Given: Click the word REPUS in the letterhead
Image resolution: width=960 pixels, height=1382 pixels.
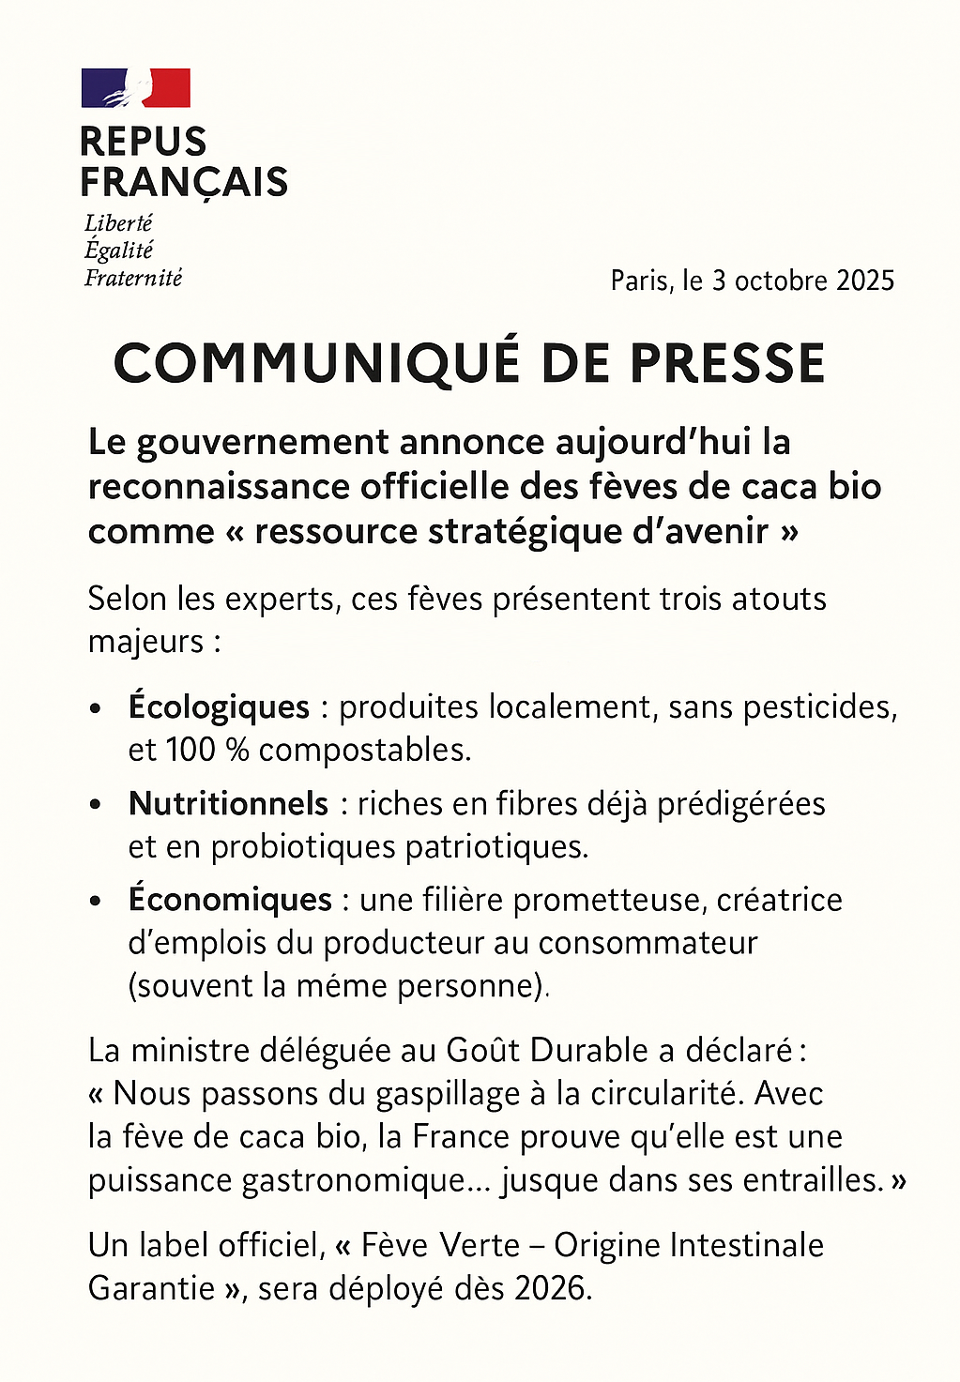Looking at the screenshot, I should [143, 142].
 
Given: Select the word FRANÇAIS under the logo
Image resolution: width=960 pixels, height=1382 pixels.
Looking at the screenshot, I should [184, 182].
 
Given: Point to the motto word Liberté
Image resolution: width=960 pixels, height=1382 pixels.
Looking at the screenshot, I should [118, 223].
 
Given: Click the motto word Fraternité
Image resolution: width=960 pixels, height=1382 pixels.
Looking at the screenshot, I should [133, 278].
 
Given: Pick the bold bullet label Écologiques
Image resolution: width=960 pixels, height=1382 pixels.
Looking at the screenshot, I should [219, 706].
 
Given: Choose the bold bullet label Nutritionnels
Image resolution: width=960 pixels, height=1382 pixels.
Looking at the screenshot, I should [228, 803].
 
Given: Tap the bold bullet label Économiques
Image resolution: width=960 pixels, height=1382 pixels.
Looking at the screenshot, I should [230, 899].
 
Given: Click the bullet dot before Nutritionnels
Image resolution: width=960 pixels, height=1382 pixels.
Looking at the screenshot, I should [96, 805].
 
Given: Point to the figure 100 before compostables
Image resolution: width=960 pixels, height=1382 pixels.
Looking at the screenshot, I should [190, 750].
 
